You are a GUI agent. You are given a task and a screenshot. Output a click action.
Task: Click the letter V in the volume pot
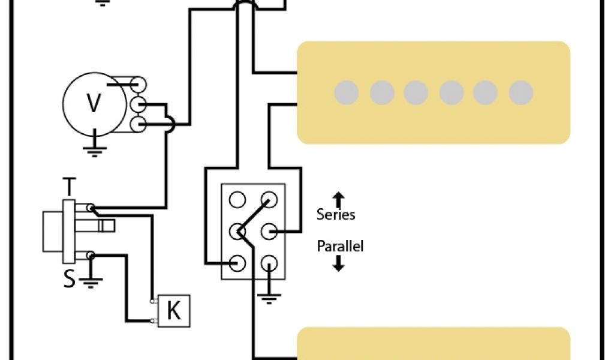[94, 103]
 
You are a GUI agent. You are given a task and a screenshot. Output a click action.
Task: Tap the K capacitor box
[173, 311]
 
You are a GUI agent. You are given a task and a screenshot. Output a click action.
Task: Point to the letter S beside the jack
[70, 280]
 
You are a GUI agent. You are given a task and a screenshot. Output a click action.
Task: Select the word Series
[336, 215]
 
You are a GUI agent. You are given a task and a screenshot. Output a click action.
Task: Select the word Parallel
[340, 246]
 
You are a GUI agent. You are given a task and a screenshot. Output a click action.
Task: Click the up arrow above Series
[338, 199]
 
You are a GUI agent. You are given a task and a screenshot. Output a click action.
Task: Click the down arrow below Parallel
[338, 263]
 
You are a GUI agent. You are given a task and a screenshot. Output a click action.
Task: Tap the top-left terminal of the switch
[238, 199]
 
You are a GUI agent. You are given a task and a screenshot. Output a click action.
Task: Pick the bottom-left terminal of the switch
[238, 262]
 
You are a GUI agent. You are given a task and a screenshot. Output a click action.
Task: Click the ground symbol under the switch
[269, 295]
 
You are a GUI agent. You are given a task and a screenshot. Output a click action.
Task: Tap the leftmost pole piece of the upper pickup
[347, 92]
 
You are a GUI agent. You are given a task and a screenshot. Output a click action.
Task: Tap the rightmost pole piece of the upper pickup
[521, 92]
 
